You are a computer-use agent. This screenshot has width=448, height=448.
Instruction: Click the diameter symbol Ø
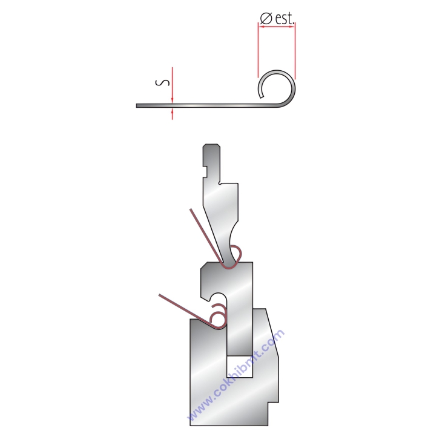coord(266,19)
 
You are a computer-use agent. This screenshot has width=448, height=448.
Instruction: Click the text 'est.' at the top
coord(285,18)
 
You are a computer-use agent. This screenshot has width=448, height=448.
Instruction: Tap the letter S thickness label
coord(162,82)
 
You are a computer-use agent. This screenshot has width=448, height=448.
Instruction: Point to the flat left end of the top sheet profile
coord(137,106)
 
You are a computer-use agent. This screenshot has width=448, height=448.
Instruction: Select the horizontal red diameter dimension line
coord(277,27)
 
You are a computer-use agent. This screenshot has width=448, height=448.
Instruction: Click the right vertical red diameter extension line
coord(295,51)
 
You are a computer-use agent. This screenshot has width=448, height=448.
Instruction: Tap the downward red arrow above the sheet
coord(173,85)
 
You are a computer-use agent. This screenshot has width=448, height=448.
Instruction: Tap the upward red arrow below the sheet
coord(173,114)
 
